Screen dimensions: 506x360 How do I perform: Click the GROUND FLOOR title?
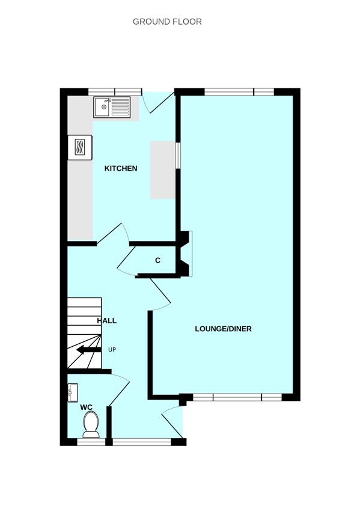(167, 22)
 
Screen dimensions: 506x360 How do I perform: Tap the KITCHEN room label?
(121, 168)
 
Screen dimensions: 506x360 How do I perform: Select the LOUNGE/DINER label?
(223, 329)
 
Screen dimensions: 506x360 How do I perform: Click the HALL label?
(107, 321)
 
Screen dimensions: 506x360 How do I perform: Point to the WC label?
(87, 407)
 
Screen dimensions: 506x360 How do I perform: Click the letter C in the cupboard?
(157, 261)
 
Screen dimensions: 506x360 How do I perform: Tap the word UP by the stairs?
(112, 349)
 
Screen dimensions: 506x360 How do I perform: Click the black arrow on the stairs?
(88, 350)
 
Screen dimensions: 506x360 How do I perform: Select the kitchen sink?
(111, 108)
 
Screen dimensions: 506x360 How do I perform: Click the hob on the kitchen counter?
(81, 147)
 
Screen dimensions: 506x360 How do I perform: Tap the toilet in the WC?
(91, 424)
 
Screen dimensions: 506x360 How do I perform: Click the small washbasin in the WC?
(72, 393)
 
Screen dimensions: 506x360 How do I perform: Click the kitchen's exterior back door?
(159, 102)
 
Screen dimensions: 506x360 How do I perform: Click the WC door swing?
(120, 388)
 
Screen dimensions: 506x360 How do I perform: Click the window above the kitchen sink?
(115, 91)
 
